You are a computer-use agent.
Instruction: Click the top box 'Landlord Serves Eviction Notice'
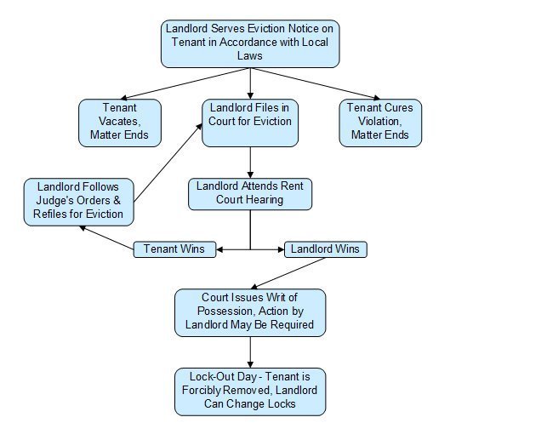point(250,43)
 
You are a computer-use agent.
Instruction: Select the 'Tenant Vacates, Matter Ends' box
point(119,122)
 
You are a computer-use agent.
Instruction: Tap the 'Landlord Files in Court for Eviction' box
point(250,122)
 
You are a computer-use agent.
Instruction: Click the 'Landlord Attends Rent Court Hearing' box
point(251,193)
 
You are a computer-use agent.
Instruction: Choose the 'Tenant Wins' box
point(174,249)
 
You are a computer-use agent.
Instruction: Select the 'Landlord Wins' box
point(324,249)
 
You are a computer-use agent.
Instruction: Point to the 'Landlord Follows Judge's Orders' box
point(78,201)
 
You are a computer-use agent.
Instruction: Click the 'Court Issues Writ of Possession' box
point(250,311)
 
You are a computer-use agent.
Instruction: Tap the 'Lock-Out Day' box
point(250,390)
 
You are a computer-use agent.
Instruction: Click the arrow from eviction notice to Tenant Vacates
point(187,83)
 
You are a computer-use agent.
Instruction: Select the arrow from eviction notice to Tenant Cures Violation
point(315,83)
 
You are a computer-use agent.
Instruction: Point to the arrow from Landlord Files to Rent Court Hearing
point(250,162)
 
